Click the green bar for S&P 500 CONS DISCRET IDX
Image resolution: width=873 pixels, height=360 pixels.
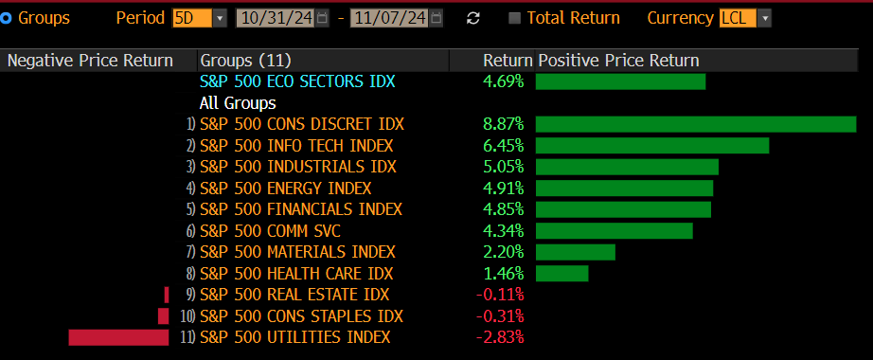(x=696, y=124)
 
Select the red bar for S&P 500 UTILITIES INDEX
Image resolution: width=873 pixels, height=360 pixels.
(x=118, y=337)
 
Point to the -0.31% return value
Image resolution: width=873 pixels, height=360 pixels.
(x=500, y=315)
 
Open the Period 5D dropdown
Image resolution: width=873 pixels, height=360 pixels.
(x=200, y=18)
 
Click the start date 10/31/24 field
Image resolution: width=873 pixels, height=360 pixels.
(x=282, y=18)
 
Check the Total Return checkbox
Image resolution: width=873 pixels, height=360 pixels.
(x=514, y=18)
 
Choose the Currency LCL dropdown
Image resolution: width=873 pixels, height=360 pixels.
(x=745, y=18)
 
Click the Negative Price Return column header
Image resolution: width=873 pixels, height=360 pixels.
(x=90, y=61)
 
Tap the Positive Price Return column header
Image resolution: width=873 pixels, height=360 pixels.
(x=618, y=61)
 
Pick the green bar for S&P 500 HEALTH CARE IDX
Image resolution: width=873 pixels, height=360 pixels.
(x=561, y=274)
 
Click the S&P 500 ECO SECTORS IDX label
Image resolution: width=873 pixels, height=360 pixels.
(x=297, y=81)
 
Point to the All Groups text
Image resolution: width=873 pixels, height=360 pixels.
(x=238, y=102)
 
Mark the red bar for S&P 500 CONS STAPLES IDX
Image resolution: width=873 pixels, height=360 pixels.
(x=163, y=315)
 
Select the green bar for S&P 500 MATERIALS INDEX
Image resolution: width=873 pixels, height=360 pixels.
(x=576, y=252)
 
